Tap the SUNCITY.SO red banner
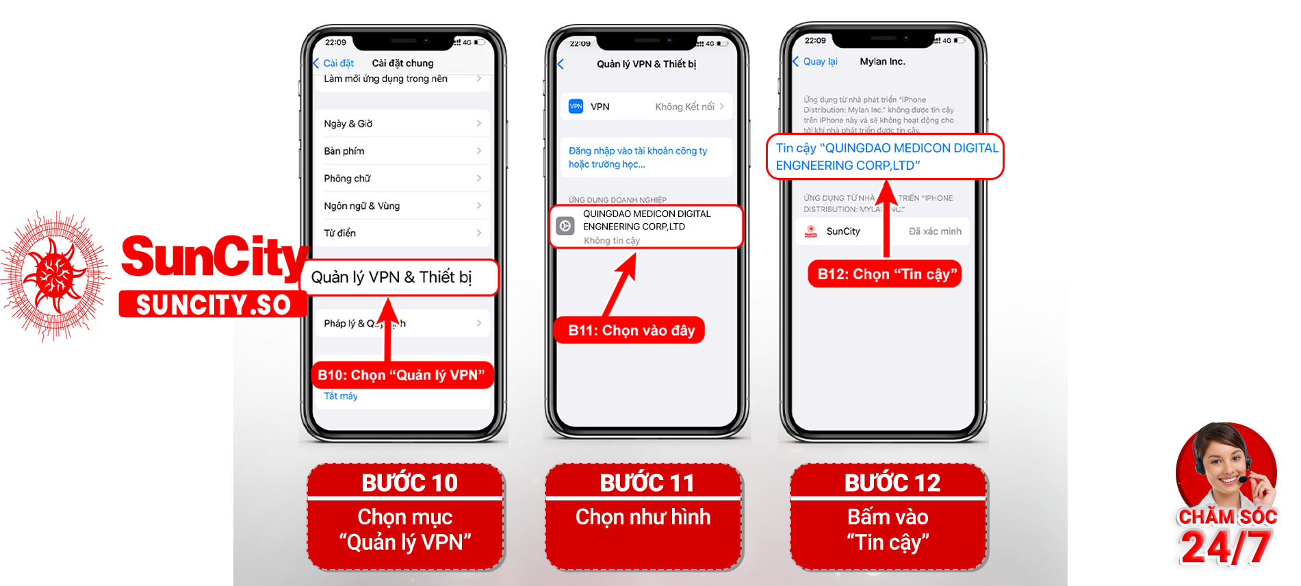(x=213, y=305)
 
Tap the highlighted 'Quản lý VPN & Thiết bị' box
(x=399, y=277)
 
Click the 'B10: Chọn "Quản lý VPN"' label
(x=401, y=375)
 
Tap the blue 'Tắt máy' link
(x=341, y=396)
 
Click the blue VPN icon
(x=576, y=106)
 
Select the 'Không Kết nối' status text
(x=684, y=107)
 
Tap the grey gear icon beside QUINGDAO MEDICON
(x=565, y=226)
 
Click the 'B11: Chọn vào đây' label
(x=631, y=331)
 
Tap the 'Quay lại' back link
(x=819, y=62)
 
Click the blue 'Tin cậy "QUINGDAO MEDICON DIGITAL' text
(x=886, y=149)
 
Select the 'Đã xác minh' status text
(x=934, y=231)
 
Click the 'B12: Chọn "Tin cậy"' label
(x=886, y=275)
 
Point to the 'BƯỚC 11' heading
(x=647, y=483)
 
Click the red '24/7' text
(x=1225, y=548)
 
